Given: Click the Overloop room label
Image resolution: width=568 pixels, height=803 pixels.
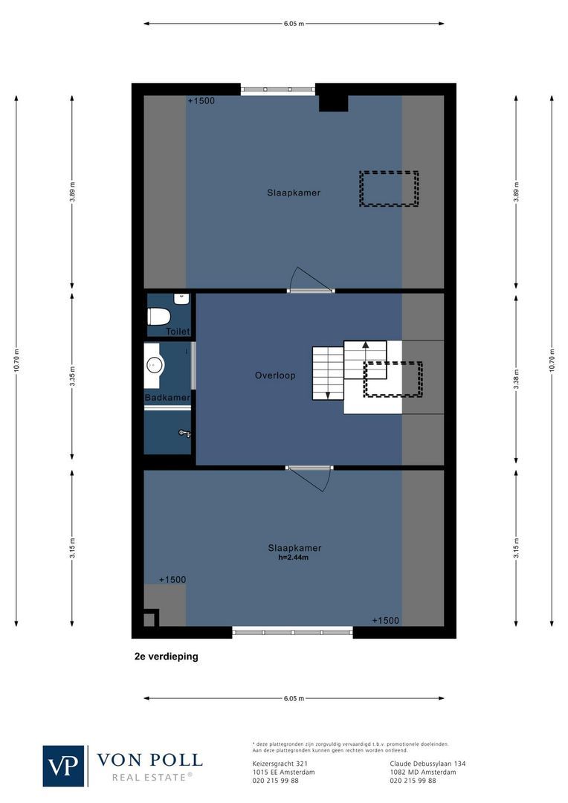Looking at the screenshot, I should [275, 375].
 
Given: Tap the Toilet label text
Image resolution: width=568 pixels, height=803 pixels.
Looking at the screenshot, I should [178, 332].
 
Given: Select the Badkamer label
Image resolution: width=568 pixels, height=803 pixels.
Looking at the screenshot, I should [167, 398].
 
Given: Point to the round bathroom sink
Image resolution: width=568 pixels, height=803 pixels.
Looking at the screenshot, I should [155, 364].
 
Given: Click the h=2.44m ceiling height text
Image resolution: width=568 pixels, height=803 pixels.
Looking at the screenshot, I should [294, 558].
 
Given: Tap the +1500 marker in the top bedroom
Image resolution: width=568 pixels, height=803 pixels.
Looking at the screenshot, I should [201, 100].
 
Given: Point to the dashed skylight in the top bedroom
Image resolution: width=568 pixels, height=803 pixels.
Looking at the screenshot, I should [389, 188].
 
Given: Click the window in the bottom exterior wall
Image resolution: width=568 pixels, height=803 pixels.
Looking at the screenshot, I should [293, 632].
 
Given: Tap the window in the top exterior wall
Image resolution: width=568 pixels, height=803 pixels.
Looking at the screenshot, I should [277, 89].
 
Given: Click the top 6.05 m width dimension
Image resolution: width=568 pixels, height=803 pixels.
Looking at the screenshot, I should [294, 24].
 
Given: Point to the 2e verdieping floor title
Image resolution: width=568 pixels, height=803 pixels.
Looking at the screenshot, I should [161, 657].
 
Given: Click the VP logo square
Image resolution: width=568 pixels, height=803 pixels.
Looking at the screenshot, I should [64, 766].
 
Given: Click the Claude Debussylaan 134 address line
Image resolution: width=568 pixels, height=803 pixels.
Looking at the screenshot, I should [427, 764].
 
